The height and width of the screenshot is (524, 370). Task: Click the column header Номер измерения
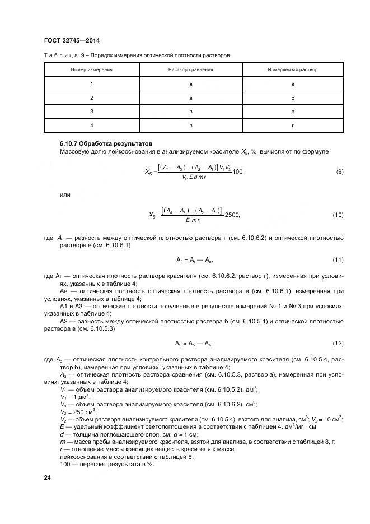click(x=91, y=70)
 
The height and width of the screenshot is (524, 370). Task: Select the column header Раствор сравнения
click(x=191, y=70)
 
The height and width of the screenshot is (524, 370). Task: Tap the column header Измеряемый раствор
click(x=292, y=70)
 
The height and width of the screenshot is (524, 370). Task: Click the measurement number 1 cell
click(x=91, y=84)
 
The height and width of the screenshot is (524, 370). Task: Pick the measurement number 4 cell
click(x=91, y=126)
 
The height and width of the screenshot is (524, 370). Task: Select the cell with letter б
click(x=292, y=98)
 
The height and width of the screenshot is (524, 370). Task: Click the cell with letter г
click(x=292, y=126)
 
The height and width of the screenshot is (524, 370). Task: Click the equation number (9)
click(x=339, y=171)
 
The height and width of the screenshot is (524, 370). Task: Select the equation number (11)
click(x=338, y=259)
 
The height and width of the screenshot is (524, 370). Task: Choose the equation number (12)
click(x=338, y=343)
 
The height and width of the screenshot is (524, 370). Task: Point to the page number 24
click(x=47, y=477)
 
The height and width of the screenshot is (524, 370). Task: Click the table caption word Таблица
click(x=57, y=55)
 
